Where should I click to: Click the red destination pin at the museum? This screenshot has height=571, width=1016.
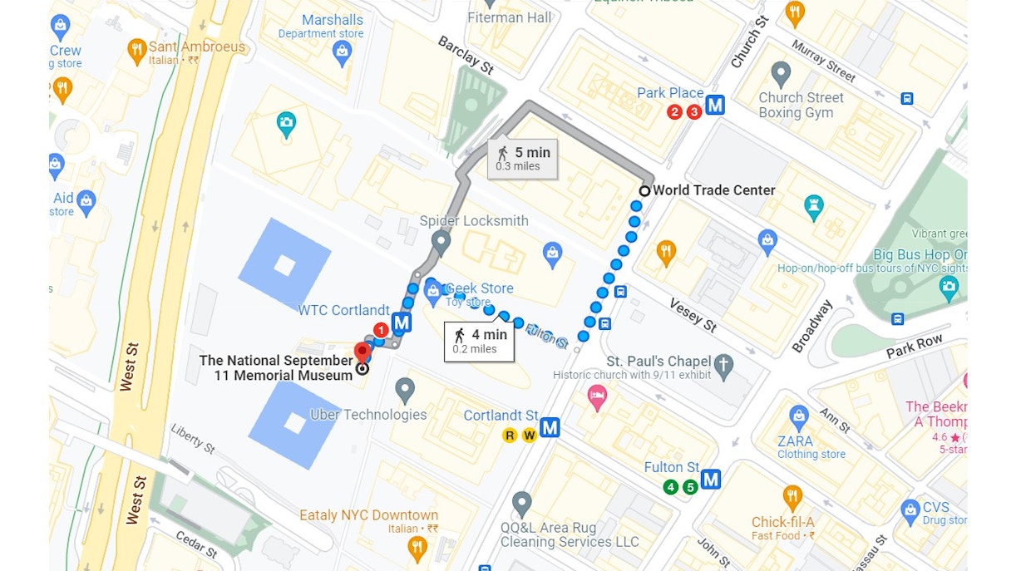click(x=363, y=352)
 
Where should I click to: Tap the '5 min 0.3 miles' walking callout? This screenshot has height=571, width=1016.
click(x=522, y=158)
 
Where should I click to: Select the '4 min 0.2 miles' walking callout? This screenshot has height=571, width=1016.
click(x=479, y=342)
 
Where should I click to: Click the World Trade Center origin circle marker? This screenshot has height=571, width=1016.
click(x=644, y=190)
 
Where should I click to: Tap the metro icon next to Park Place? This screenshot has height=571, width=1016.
click(x=715, y=106)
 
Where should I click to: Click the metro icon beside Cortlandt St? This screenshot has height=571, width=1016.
click(x=550, y=428)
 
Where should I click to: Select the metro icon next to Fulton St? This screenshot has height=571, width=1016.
click(x=711, y=480)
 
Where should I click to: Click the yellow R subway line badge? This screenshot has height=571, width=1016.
click(x=510, y=435)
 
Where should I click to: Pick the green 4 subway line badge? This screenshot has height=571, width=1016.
click(x=671, y=487)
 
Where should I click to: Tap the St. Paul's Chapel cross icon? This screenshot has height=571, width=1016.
click(x=724, y=366)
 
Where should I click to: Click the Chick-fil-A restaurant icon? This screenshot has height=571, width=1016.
click(x=792, y=499)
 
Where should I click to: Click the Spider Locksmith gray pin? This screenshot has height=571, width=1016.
click(x=441, y=243)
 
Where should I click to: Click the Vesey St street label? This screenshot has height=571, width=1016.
click(x=693, y=315)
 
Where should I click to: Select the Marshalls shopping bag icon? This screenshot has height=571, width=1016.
click(x=342, y=54)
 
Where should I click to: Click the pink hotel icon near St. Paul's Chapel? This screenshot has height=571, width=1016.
click(x=597, y=397)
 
